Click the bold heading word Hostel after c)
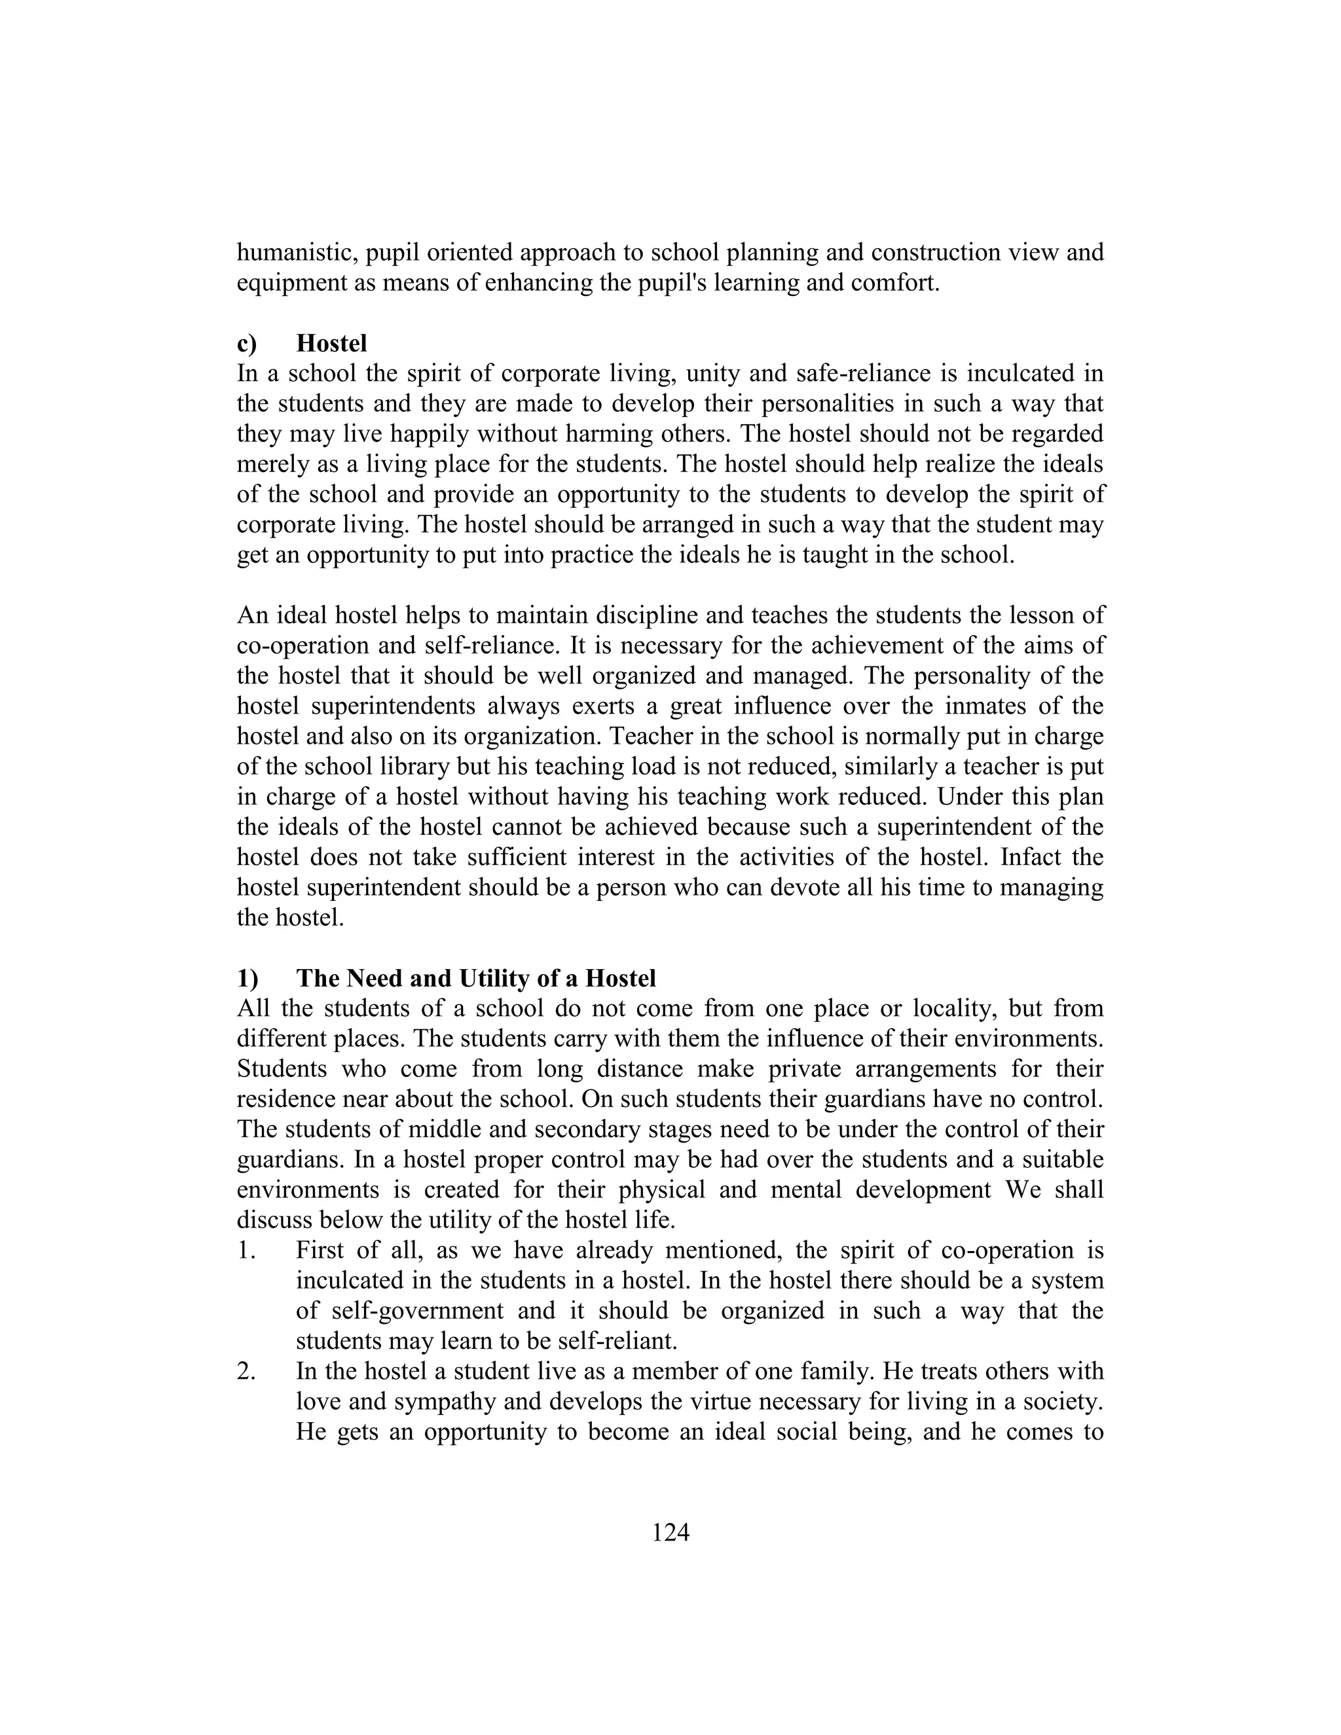pos(331,343)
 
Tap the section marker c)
pos(247,343)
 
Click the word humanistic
pos(299,253)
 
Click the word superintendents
pos(391,705)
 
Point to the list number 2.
pos(246,1371)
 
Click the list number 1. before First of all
pos(246,1251)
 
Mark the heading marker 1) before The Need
pos(247,978)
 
